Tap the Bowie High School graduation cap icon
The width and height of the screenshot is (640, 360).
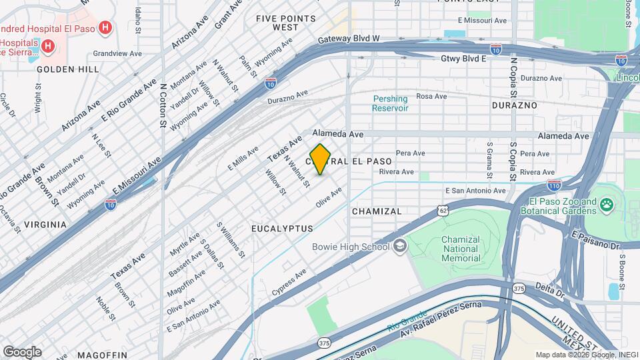399,247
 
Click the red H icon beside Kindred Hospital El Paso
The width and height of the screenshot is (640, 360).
105,28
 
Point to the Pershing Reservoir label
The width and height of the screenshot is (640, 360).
389,103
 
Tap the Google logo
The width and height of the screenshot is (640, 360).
22,351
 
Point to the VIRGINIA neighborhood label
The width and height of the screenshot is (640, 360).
45,225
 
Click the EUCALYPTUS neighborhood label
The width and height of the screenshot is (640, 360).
283,229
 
